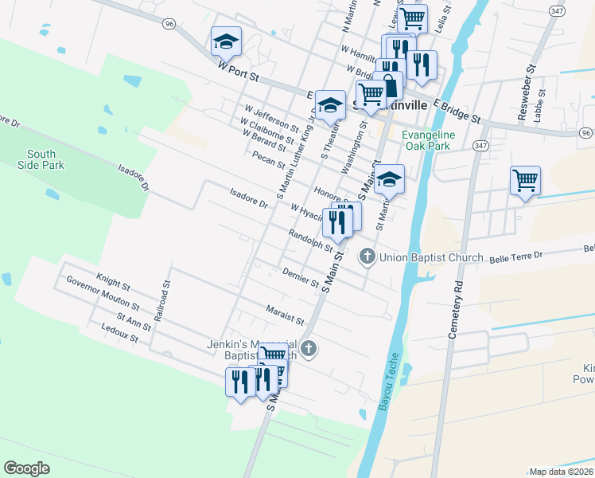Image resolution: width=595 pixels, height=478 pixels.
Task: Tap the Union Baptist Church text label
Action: pos(431,257)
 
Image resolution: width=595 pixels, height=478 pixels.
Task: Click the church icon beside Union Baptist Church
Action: pos(367,257)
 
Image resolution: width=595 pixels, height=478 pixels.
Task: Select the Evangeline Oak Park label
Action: pos(428,140)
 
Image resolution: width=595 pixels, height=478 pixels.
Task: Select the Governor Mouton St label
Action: pos(103,293)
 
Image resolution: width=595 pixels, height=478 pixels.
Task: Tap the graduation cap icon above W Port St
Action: pos(226,40)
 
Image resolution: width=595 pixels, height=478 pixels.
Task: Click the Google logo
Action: pos(26,468)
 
